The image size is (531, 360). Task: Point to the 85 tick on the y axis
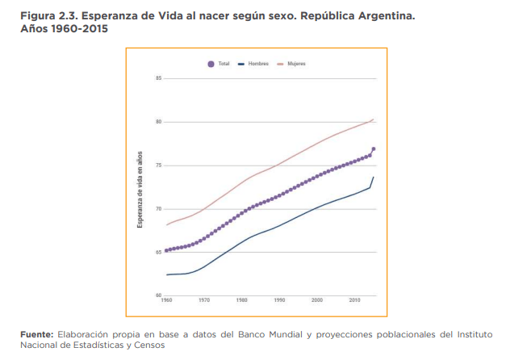pyautogui.click(x=159, y=78)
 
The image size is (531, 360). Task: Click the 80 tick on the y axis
pyautogui.click(x=159, y=122)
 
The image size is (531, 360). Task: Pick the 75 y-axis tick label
pyautogui.click(x=159, y=165)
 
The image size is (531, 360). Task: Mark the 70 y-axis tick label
pyautogui.click(x=159, y=209)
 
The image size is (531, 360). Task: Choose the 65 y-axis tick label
pyautogui.click(x=159, y=253)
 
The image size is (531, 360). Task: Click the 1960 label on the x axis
pyautogui.click(x=166, y=299)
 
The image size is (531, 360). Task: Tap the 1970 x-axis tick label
pyautogui.click(x=204, y=299)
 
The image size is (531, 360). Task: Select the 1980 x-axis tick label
pyautogui.click(x=242, y=299)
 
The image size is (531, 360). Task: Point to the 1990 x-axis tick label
pyautogui.click(x=279, y=299)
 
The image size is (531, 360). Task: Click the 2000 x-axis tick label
pyautogui.click(x=317, y=299)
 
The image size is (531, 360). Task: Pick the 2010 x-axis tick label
pyautogui.click(x=354, y=299)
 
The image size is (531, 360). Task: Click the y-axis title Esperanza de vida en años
pyautogui.click(x=140, y=187)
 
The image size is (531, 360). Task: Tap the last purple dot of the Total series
pyautogui.click(x=374, y=149)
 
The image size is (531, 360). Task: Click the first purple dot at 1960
pyautogui.click(x=166, y=251)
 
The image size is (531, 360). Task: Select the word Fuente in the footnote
pyautogui.click(x=36, y=334)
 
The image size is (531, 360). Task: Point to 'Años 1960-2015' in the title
pyautogui.click(x=57, y=28)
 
